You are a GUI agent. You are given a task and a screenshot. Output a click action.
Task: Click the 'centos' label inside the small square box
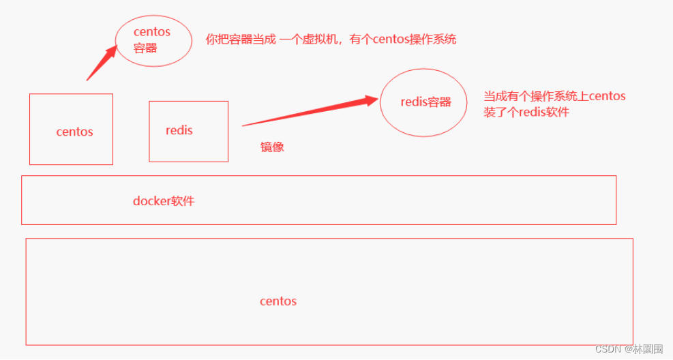[74, 132]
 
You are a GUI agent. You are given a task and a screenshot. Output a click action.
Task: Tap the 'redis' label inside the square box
[179, 130]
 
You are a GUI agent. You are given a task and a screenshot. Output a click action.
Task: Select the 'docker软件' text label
[164, 201]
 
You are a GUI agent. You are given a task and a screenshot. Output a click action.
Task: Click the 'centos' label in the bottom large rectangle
[278, 301]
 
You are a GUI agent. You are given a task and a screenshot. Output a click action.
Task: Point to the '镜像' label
[272, 147]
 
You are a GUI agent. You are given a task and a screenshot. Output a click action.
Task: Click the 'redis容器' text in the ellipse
[425, 102]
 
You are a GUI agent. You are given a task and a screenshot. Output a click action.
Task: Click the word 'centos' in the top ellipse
[152, 32]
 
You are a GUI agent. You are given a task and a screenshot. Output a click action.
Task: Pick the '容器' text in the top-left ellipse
[145, 48]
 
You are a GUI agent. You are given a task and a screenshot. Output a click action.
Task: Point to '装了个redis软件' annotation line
[526, 112]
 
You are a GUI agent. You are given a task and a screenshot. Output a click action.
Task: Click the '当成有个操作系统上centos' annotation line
[554, 96]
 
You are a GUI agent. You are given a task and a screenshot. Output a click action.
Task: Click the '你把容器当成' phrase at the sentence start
[241, 40]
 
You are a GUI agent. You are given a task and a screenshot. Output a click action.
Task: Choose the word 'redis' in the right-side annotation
[533, 112]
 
